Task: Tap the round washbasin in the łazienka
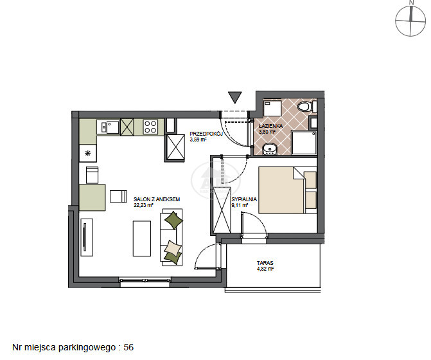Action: [269, 149]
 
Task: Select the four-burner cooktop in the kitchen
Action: [151, 127]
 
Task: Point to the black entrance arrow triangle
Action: [234, 97]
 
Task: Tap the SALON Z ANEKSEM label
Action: [157, 199]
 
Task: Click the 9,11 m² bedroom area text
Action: [240, 205]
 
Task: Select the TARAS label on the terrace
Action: [265, 263]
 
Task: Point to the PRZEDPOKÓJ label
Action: [206, 134]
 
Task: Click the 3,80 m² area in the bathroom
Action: [267, 131]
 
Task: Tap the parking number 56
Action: [128, 347]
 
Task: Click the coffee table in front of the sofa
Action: [142, 239]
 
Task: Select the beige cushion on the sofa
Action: [172, 247]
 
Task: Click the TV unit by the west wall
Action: [87, 237]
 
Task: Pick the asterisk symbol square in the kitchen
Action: [88, 153]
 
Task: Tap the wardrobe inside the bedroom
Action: [222, 210]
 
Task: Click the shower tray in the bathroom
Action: [304, 143]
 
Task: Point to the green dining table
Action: [92, 197]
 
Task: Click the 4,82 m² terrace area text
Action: [265, 269]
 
